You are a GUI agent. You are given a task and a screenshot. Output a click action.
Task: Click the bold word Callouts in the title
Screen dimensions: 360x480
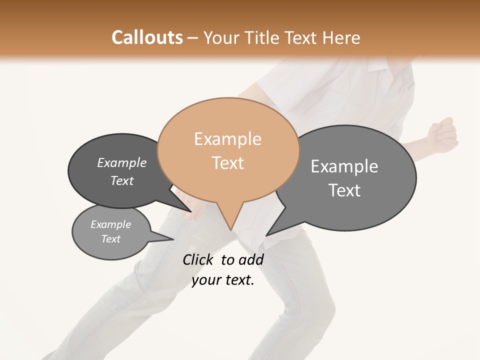147,37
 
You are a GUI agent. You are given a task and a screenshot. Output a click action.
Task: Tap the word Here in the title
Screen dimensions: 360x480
340,37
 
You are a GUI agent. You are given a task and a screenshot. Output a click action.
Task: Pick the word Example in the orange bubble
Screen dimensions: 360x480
227,139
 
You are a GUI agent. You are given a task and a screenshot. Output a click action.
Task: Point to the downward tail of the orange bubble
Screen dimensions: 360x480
229,220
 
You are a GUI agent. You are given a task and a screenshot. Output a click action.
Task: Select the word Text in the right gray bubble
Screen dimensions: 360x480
344,190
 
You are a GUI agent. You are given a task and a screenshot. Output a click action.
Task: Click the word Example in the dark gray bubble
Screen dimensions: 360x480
122,163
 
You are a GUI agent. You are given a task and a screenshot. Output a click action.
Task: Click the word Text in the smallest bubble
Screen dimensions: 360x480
111,239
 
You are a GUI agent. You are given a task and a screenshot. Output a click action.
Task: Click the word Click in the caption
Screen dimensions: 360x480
197,259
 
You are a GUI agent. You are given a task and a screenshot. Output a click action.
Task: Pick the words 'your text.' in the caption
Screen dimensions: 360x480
223,280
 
